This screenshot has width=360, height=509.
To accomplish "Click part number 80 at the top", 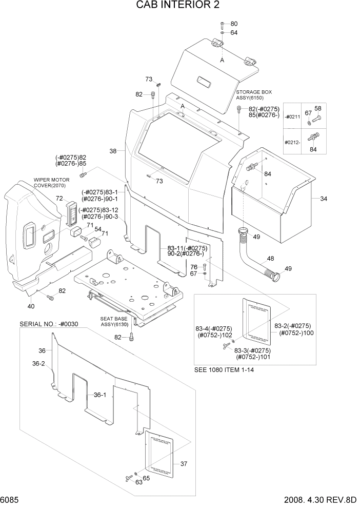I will click(234, 24).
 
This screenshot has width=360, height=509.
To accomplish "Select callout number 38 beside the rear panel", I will click(113, 151).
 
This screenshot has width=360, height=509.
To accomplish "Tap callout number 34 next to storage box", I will click(323, 199).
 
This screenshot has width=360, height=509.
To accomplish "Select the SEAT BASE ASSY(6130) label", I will click(113, 322).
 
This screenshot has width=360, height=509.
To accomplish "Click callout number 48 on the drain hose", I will click(269, 258).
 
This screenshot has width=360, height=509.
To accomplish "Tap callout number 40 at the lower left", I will click(31, 306).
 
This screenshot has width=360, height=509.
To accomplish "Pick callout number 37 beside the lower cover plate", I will click(184, 463).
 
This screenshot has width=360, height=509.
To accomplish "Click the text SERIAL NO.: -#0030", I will click(50, 324).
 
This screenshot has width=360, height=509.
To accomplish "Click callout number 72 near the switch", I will click(59, 199).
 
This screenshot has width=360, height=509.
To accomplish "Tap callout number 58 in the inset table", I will click(317, 109).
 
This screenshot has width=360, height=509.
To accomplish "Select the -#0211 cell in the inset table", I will click(293, 118).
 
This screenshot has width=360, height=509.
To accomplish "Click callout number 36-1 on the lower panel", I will click(99, 395).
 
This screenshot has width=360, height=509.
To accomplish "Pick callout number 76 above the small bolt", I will click(194, 267).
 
